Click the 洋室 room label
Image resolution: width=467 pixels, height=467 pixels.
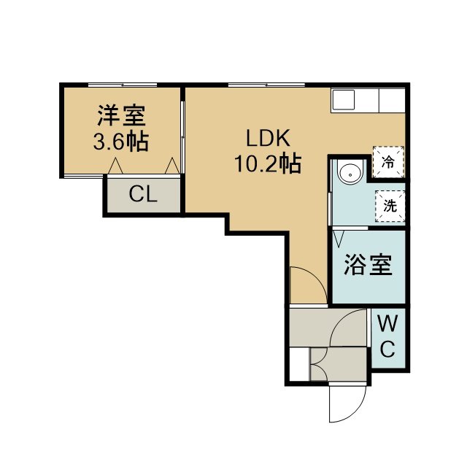click(x=122, y=116)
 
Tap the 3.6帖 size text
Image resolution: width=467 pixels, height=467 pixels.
click(x=121, y=142)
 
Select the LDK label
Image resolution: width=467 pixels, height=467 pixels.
click(x=268, y=138)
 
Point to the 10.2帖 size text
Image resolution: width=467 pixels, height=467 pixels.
click(x=268, y=163)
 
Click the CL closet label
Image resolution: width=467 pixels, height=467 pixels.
click(x=143, y=194)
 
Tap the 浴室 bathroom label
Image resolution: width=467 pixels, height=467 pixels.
click(x=368, y=265)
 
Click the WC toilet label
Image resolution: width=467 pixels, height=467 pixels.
click(x=387, y=336)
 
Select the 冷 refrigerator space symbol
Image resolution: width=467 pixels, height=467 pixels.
click(x=388, y=162)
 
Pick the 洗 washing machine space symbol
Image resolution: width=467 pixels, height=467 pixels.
click(x=390, y=206)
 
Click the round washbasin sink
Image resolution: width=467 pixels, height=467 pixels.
click(x=350, y=174)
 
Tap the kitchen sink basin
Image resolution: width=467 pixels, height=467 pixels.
click(x=344, y=99)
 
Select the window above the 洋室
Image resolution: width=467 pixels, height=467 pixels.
click(x=123, y=85)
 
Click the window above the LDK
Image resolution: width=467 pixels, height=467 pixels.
click(x=266, y=85)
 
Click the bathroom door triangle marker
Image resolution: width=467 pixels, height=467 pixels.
click(x=339, y=239)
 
